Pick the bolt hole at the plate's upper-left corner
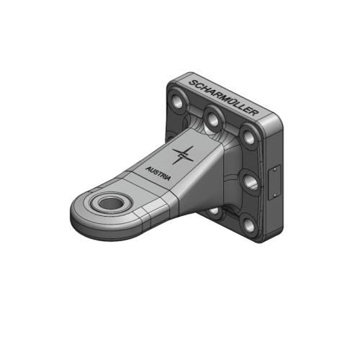(x=176, y=98)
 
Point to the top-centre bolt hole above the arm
(x=212, y=114)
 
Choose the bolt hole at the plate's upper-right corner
(x=248, y=135)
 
